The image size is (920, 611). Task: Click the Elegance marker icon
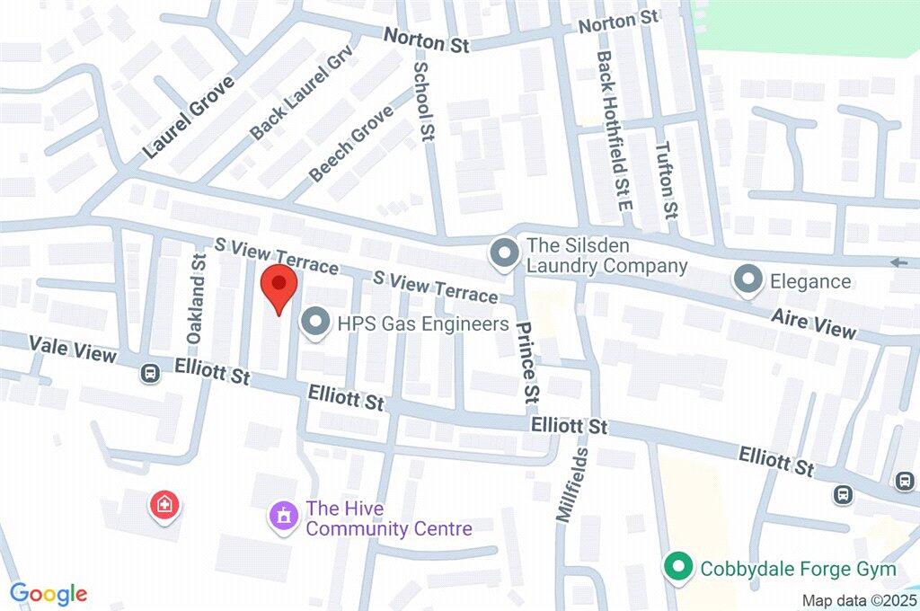tap(747, 281)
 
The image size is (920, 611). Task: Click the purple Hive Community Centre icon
tap(284, 518)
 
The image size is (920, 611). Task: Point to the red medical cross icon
tap(164, 505)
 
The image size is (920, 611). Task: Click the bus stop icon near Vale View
tap(150, 371)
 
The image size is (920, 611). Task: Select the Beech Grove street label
tap(351, 144)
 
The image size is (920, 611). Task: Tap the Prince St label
tap(528, 362)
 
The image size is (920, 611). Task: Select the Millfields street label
tap(572, 485)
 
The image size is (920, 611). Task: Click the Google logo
tap(49, 594)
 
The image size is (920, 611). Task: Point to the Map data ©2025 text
tap(860, 599)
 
